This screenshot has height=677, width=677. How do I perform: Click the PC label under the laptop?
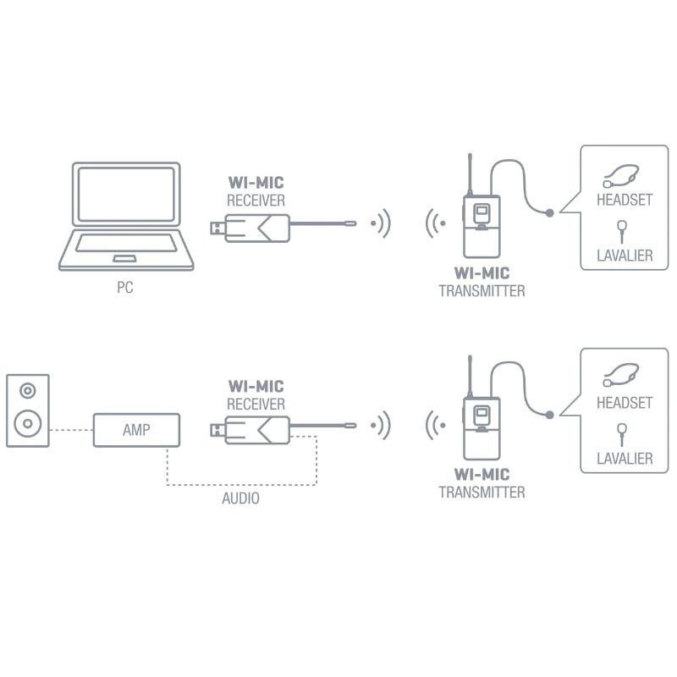click(125, 289)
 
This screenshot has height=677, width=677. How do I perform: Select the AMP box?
click(135, 430)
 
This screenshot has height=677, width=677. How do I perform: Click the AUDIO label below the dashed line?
click(240, 498)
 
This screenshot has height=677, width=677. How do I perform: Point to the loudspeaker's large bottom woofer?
click(30, 421)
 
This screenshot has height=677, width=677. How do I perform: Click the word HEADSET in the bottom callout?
click(625, 404)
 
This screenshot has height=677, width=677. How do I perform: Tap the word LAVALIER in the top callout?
click(625, 255)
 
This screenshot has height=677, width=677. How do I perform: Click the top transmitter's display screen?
click(482, 211)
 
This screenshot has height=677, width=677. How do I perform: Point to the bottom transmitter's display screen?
click(482, 414)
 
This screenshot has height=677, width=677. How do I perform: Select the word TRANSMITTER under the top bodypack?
click(482, 290)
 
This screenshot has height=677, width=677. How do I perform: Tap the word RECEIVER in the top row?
click(256, 201)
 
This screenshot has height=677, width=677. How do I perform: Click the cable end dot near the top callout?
click(551, 212)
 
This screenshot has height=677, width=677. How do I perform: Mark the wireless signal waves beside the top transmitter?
click(434, 225)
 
